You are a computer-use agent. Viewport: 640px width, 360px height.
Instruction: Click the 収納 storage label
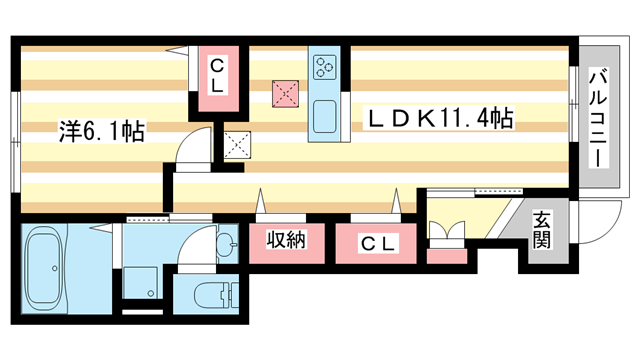(285, 241)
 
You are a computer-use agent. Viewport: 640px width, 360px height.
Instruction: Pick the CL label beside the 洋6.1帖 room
(218, 76)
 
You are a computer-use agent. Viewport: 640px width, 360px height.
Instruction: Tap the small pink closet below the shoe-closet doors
(446, 256)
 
